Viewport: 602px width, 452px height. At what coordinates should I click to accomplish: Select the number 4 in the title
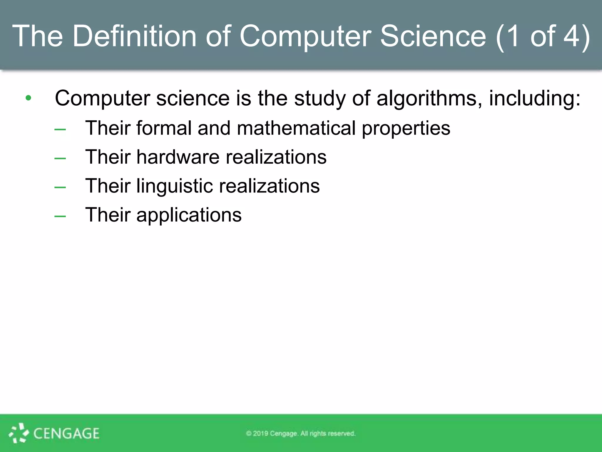[x=571, y=36]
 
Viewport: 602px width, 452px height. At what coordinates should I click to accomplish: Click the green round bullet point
[x=28, y=98]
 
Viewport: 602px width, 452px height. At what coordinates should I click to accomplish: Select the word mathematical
[x=296, y=128]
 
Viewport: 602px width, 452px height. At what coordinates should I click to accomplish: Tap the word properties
[x=406, y=129]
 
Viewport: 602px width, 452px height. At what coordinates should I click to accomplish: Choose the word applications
[x=189, y=215]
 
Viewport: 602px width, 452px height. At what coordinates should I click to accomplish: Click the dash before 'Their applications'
[x=60, y=216]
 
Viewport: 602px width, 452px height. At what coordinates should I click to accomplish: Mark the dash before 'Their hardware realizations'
[x=60, y=159]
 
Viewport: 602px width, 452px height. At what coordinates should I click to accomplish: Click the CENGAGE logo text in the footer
[x=66, y=433]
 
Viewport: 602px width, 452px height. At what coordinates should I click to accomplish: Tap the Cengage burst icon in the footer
[x=19, y=433]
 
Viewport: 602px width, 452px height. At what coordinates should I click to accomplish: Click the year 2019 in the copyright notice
[x=260, y=433]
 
